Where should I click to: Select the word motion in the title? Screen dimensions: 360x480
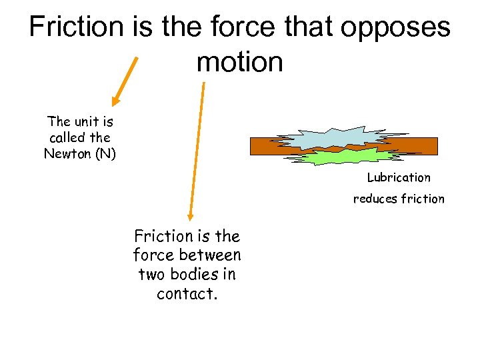[240, 62]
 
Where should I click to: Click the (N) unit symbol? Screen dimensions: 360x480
[106, 154]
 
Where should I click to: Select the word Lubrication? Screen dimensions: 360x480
[399, 177]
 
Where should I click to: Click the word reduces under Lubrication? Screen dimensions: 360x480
[376, 199]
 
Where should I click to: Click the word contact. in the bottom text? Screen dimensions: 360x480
[187, 294]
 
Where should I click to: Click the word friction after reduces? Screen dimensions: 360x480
[422, 199]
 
